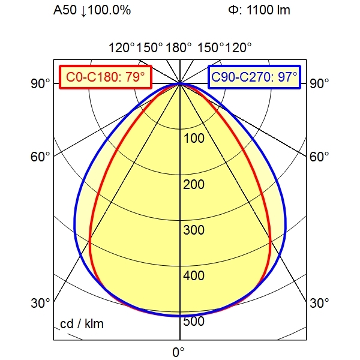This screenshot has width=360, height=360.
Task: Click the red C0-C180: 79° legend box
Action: [106, 77]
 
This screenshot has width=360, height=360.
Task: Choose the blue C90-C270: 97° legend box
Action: [254, 77]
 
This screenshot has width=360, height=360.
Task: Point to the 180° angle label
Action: [179, 47]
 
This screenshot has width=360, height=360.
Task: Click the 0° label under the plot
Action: [179, 351]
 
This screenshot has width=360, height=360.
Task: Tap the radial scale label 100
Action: [194, 139]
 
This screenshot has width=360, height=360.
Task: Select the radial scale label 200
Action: [194, 184]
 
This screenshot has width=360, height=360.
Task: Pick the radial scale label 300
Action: [194, 230]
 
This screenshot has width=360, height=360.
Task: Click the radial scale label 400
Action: [194, 276]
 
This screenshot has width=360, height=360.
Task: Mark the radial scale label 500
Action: [194, 322]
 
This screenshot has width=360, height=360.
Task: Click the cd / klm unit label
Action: [82, 325]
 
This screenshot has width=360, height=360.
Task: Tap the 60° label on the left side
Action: [41, 157]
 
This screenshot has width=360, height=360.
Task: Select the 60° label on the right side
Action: [319, 157]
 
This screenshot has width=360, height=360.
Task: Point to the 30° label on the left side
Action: [41, 304]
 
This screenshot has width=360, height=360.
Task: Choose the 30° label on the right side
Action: [319, 304]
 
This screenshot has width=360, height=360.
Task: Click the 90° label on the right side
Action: [319, 84]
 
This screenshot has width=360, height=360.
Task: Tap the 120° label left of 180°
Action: [122, 47]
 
